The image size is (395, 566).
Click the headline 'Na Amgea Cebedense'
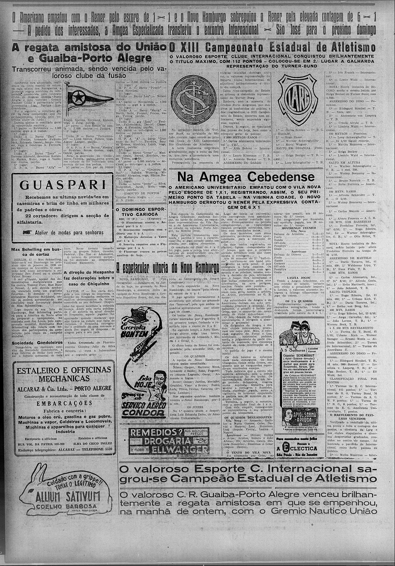click(x=246, y=177)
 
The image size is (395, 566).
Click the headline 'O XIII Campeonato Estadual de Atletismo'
click(x=273, y=47)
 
